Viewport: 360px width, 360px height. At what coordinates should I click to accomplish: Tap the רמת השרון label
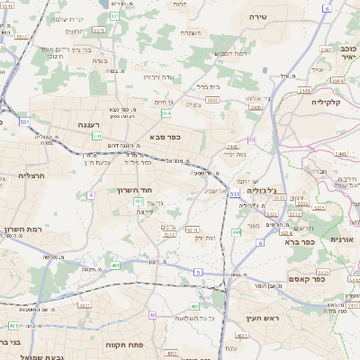tap(24, 230)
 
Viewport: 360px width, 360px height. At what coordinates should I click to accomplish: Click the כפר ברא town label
tap(298, 241)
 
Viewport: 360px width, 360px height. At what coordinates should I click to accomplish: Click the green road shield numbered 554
tap(166, 113)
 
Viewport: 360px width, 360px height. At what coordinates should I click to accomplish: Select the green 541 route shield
tap(96, 136)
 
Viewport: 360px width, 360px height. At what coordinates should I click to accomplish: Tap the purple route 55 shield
tap(252, 139)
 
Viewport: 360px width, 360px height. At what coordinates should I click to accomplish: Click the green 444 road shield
tap(236, 232)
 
